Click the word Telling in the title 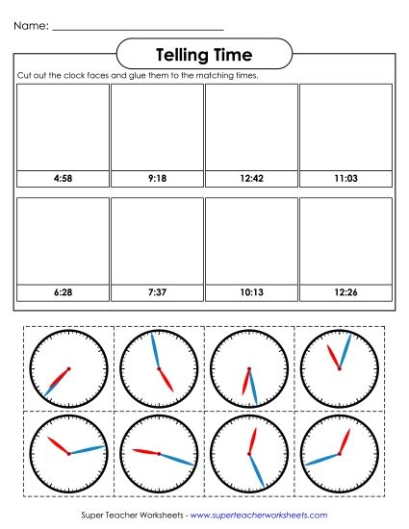point(185,54)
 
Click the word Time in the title point(235,54)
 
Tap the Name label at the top point(32,27)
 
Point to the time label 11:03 point(345,179)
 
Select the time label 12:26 point(345,290)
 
